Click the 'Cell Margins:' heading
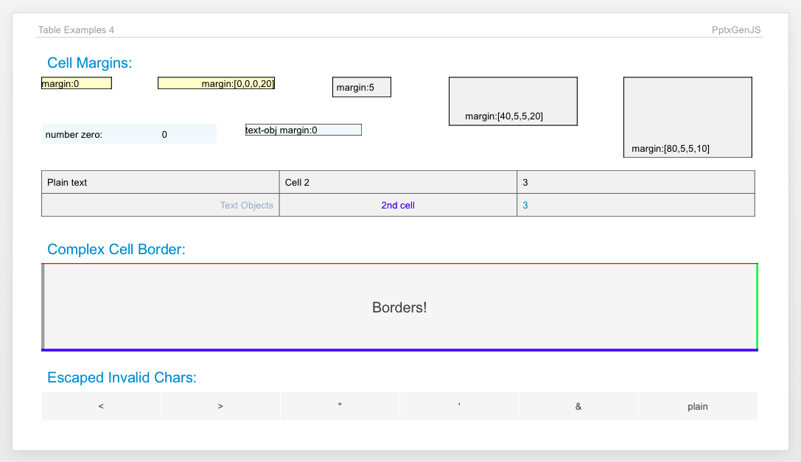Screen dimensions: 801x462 click(89, 63)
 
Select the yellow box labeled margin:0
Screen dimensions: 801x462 click(76, 83)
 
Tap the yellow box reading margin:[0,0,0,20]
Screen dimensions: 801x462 click(216, 83)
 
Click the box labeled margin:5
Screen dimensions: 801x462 click(361, 88)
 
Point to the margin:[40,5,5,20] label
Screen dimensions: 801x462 click(504, 116)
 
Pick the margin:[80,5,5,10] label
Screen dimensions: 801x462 click(671, 149)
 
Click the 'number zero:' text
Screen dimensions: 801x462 click(74, 134)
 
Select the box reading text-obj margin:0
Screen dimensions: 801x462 click(303, 130)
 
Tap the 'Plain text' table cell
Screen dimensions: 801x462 click(160, 182)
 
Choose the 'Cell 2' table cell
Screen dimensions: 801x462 click(398, 182)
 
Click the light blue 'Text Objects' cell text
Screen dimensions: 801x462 click(246, 206)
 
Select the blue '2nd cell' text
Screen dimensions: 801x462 click(398, 206)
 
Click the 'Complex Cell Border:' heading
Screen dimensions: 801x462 click(116, 249)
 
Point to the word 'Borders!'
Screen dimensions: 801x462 click(399, 307)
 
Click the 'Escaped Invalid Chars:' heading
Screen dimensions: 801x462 click(122, 378)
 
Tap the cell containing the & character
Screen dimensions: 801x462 click(578, 406)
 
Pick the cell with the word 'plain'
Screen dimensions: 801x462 click(697, 406)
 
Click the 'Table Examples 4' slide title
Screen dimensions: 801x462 click(76, 30)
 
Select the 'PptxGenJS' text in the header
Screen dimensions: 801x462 click(736, 30)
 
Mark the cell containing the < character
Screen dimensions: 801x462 click(101, 406)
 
